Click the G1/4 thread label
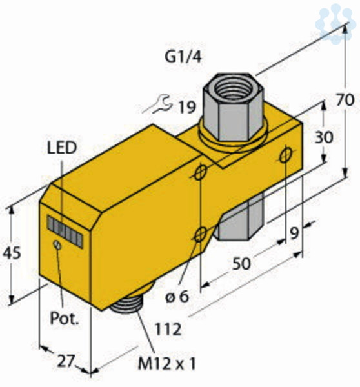183,57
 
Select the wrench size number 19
187,107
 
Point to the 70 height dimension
345,100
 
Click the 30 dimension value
324,137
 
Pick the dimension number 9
294,233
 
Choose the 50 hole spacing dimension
241,263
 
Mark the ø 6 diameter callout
177,297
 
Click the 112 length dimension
168,329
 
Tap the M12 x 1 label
167,364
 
